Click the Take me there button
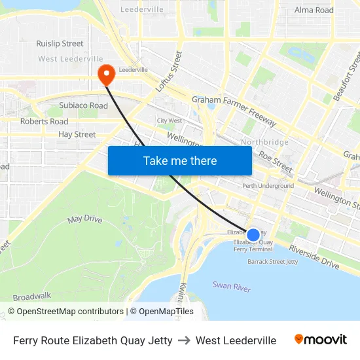coord(179,160)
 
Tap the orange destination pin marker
coord(105,75)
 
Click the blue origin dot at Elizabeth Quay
coord(253,234)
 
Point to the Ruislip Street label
coord(60,44)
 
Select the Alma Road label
coord(314,10)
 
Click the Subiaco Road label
coord(83,105)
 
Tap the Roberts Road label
coord(44,121)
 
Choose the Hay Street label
coord(77,134)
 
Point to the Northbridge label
coord(264,142)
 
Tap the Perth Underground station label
coord(268,186)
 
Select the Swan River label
coord(232,286)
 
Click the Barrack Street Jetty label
coord(272,262)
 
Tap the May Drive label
coord(84,219)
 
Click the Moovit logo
coord(320,340)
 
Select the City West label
coord(169,120)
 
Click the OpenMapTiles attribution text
coord(162,312)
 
